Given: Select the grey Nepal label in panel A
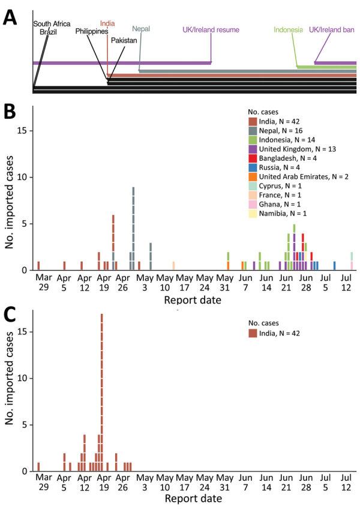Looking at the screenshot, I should point(142,28).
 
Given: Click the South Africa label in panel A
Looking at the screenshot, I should point(52,24).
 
